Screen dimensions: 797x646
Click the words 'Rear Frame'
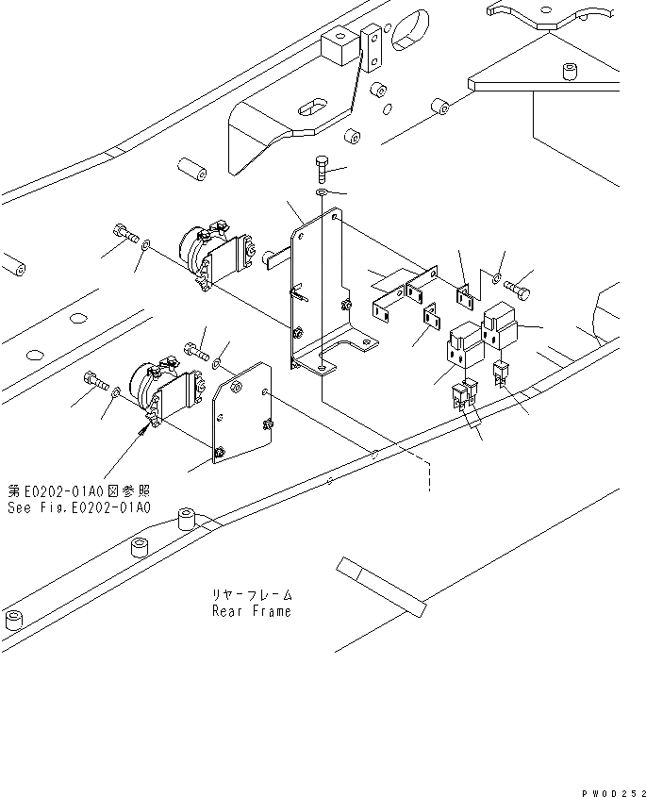pos(251,611)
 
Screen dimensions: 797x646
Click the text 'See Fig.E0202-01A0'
pos(78,507)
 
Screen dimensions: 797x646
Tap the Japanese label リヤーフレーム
pos(252,595)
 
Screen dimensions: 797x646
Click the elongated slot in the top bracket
pos(311,107)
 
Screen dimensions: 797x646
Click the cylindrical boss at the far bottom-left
pos(14,620)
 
